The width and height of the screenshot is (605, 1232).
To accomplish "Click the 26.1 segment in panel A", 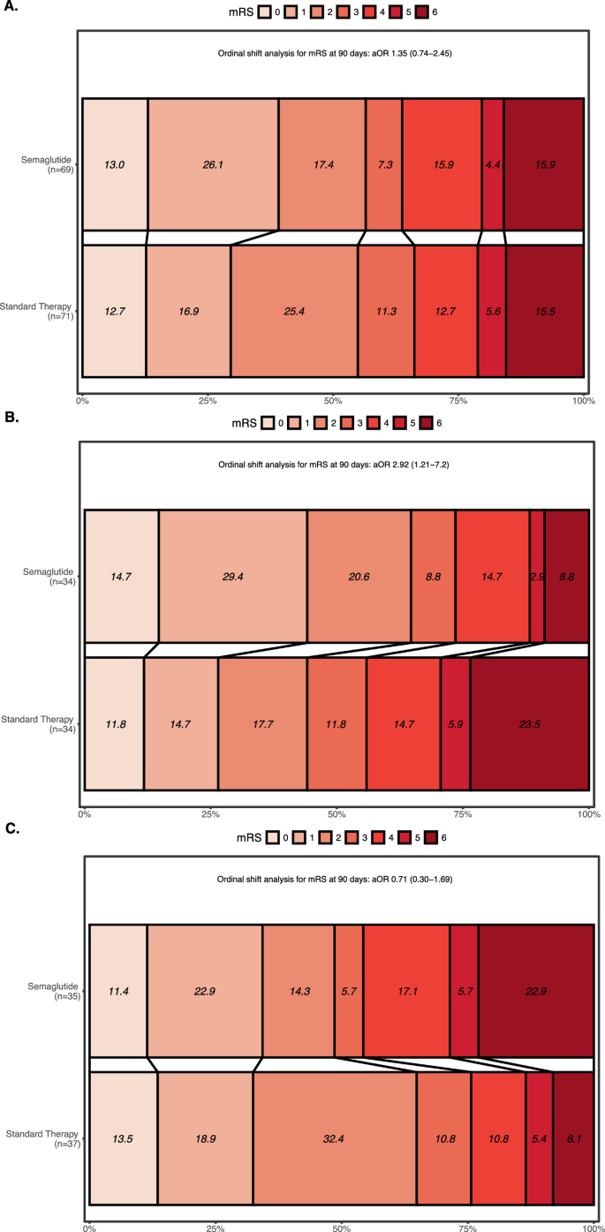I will pos(213,164).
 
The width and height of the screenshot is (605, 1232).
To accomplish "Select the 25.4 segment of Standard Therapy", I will pos(294,310).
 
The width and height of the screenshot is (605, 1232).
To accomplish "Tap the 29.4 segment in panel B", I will pos(233,575).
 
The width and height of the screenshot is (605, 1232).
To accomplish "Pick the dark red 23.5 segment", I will pos(529,722).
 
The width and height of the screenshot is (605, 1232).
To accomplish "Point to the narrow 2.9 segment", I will pos(537,575).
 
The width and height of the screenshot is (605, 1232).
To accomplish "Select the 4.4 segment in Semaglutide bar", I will pos(493,164).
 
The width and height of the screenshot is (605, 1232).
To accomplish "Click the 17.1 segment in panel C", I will pos(406,990).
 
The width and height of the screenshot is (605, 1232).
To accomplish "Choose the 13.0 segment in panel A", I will pos(115,164).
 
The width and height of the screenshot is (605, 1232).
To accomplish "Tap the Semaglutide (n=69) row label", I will pos(48,164).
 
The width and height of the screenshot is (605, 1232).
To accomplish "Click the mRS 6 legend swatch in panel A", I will pos(427,12).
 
